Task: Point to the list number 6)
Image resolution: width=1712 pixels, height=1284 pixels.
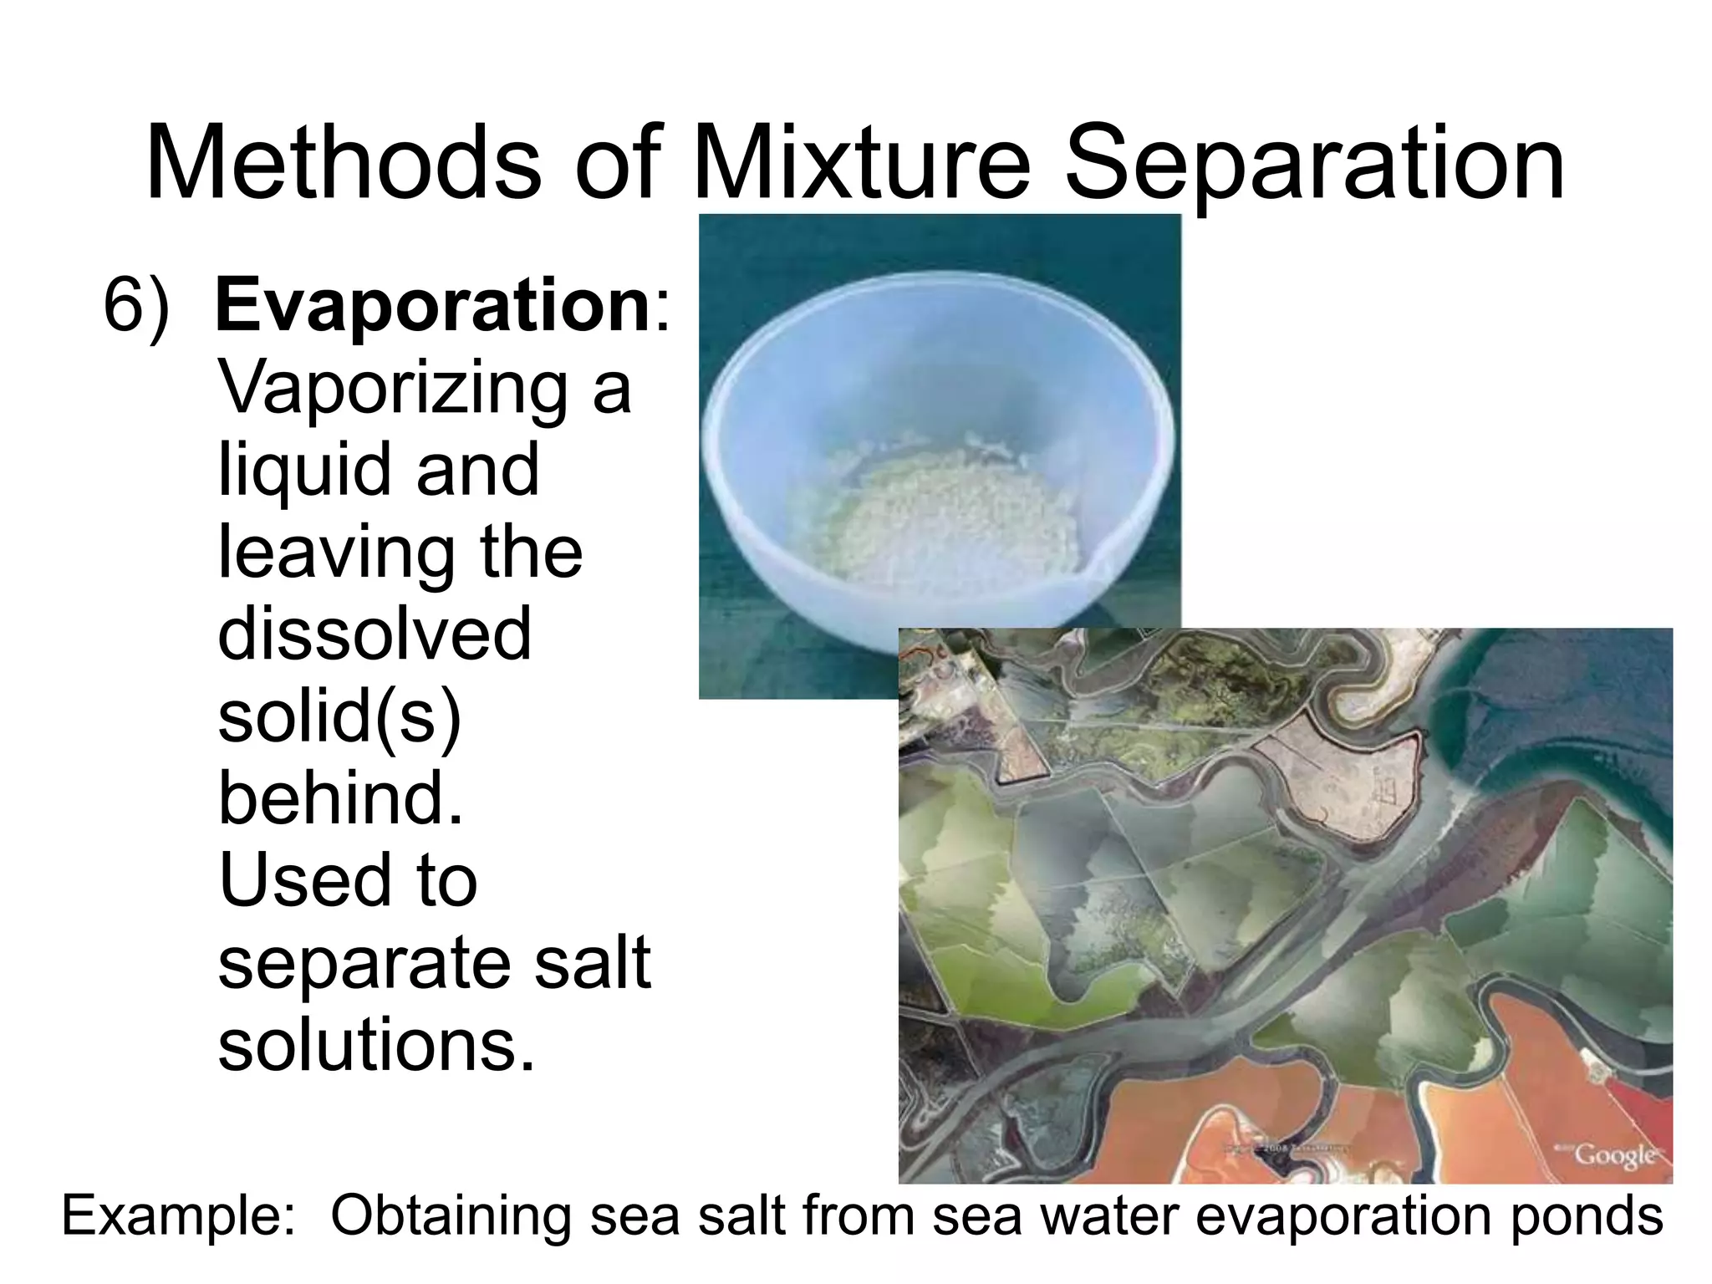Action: coord(136,308)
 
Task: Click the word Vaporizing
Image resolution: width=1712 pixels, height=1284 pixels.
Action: coord(392,390)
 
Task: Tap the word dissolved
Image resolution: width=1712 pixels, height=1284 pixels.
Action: coord(374,634)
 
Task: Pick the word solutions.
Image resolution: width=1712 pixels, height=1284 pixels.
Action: coord(375,1045)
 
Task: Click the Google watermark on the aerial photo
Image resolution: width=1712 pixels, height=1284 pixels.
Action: coord(1614,1156)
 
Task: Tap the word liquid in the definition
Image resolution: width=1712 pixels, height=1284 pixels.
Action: coord(305,471)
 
